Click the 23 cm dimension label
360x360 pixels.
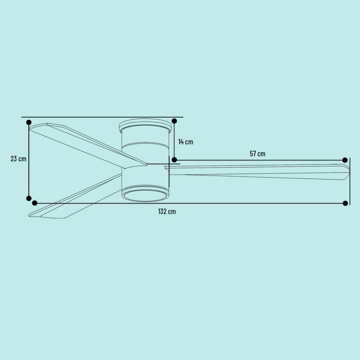tap(18, 159)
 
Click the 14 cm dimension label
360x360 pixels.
tap(186, 142)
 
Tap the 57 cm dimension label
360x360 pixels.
tap(257, 154)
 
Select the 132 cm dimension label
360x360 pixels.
tap(167, 211)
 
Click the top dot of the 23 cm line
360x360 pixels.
tap(29, 122)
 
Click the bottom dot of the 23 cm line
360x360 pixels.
tap(29, 198)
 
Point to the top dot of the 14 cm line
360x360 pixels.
tap(174, 121)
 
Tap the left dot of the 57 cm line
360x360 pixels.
tap(174, 160)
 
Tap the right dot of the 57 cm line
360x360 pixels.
tap(345, 160)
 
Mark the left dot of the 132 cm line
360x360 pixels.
tap(35, 203)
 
